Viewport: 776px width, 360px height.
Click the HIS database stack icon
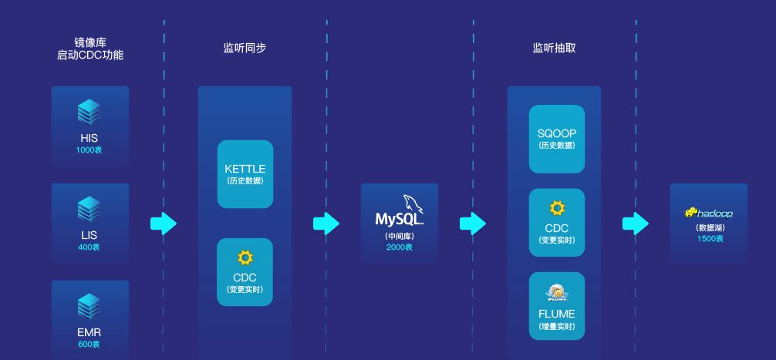pyautogui.click(x=89, y=113)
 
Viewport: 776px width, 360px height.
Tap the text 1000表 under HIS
pyautogui.click(x=89, y=150)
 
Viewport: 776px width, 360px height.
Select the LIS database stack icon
pyautogui.click(x=89, y=210)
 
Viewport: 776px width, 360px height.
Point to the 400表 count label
pyautogui.click(x=89, y=247)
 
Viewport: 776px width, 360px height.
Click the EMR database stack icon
pyautogui.click(x=89, y=307)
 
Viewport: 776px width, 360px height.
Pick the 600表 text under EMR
pyautogui.click(x=89, y=344)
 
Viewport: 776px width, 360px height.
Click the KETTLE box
pyautogui.click(x=245, y=174)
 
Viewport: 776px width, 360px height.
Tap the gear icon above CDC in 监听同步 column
pyautogui.click(x=245, y=257)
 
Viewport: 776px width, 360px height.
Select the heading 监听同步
pyautogui.click(x=245, y=48)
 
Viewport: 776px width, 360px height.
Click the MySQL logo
pyautogui.click(x=399, y=211)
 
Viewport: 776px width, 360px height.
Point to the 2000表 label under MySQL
pyautogui.click(x=399, y=247)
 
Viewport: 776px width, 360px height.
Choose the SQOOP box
pyautogui.click(x=556, y=139)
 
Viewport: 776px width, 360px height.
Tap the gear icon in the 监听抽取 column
pyautogui.click(x=556, y=207)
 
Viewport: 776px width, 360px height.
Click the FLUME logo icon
pyautogui.click(x=556, y=293)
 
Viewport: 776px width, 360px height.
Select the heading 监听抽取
pyautogui.click(x=554, y=48)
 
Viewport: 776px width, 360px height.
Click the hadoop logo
pyautogui.click(x=709, y=213)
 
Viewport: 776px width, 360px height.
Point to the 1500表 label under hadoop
pyautogui.click(x=709, y=239)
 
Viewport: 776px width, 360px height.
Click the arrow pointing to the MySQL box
pyautogui.click(x=326, y=224)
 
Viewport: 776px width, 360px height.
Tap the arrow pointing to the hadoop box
pyautogui.click(x=636, y=224)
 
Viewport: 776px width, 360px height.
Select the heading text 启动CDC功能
pyautogui.click(x=90, y=56)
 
